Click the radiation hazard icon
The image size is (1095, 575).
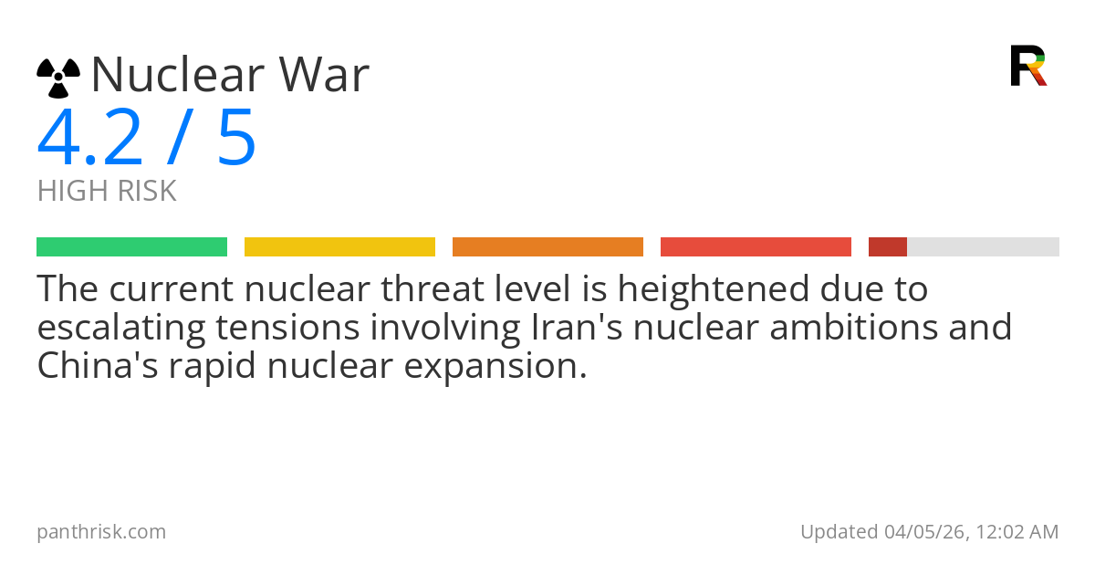pos(58,78)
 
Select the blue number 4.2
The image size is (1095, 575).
pos(90,139)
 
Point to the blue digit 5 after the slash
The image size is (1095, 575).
pos(236,139)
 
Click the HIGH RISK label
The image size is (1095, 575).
pos(107,192)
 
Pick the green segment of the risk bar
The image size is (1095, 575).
pos(131,247)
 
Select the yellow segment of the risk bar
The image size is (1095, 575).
pos(339,247)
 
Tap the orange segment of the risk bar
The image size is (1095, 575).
pos(547,247)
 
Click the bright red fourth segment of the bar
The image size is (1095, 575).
pos(756,247)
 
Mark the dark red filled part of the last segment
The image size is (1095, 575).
pos(887,247)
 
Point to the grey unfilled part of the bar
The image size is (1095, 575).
pos(983,247)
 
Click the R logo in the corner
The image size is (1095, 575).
pos(1027,66)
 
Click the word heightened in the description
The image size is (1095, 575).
pos(703,289)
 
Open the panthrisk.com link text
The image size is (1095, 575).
pos(101,532)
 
